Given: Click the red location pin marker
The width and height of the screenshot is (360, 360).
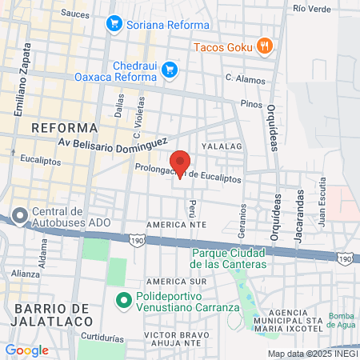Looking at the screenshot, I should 180,163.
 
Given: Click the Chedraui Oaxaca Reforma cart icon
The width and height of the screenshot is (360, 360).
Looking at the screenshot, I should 169,70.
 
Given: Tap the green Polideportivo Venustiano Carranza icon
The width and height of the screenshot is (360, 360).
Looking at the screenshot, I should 123,302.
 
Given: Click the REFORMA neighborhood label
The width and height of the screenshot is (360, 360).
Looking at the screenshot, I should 64,127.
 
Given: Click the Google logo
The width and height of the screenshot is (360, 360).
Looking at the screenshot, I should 26,350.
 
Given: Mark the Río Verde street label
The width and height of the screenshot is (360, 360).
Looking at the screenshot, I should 311,8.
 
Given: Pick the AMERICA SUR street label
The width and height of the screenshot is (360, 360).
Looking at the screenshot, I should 177,282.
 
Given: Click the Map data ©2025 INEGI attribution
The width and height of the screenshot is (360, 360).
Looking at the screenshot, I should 312,354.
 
